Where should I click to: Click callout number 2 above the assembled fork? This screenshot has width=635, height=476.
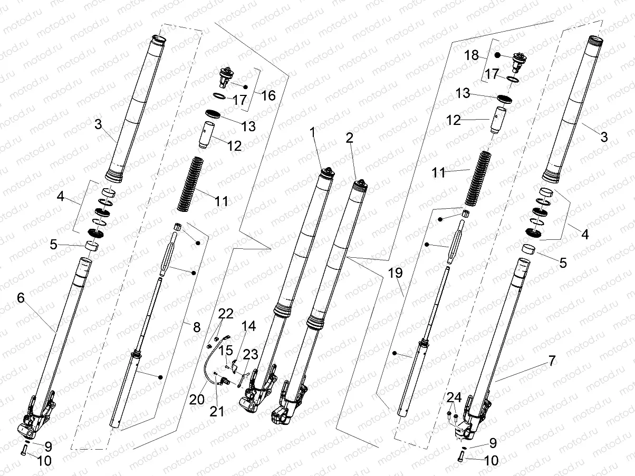coord(349,138)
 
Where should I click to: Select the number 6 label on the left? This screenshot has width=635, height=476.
coord(21,298)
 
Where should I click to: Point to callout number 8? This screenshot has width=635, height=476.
coord(196,327)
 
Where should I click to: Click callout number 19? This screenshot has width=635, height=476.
coord(396,273)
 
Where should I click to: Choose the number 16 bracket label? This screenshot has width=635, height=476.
coord(268,95)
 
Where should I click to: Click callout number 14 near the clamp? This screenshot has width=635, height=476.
coord(248,327)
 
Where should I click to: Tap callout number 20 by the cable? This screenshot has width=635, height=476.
coord(197,400)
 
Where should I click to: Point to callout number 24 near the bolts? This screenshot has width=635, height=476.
coord(454,397)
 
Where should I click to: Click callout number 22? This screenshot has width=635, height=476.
coord(226,314)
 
